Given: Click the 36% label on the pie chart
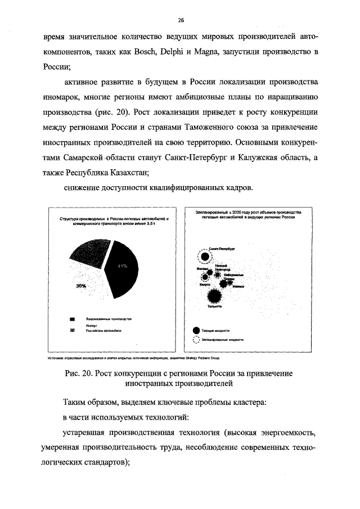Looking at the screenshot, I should coord(81,286).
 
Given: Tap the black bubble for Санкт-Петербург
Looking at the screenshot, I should coord(206,257).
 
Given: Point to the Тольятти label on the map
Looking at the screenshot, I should coord(214,307).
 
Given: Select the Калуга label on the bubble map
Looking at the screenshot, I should coord(205,285).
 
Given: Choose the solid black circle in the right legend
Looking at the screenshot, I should coord(196,330).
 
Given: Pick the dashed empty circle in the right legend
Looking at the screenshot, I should coord(196,339).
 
